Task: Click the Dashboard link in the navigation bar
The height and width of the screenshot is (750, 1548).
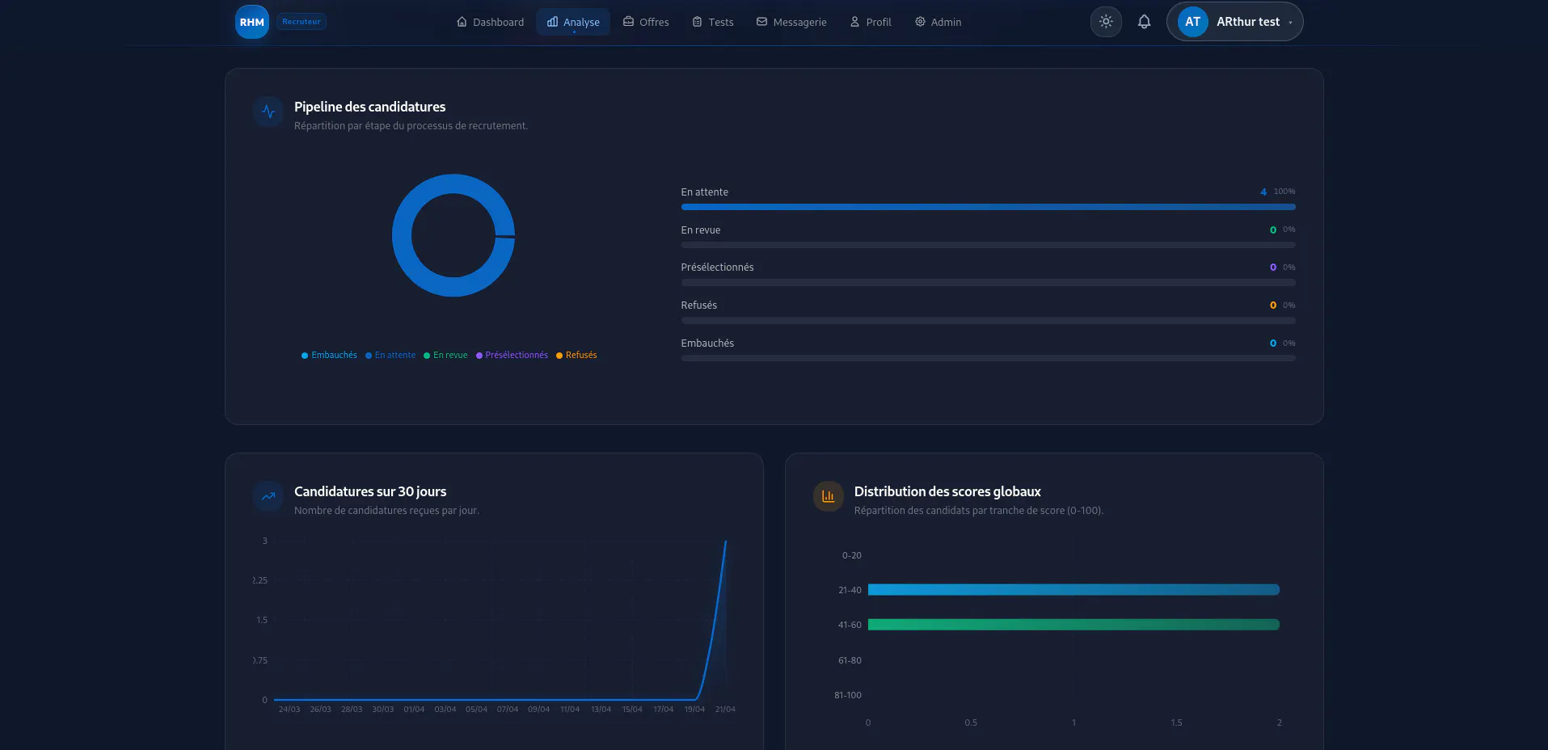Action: [x=490, y=22]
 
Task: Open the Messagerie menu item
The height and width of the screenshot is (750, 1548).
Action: [x=791, y=22]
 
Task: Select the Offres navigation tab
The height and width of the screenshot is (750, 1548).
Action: [x=646, y=22]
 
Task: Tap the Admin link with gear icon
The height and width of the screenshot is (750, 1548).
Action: [x=938, y=22]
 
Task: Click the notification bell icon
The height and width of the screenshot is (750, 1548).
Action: [x=1144, y=22]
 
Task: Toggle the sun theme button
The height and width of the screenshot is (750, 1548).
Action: [x=1106, y=22]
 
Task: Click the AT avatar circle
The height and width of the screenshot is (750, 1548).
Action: [x=1192, y=22]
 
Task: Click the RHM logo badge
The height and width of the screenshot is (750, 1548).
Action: [x=252, y=22]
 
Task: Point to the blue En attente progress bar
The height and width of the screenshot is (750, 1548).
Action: [x=988, y=207]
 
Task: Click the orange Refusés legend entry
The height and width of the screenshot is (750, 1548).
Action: [x=576, y=356]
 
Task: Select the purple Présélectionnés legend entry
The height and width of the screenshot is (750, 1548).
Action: [x=512, y=356]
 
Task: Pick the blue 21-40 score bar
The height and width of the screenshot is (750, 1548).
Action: [x=1073, y=590]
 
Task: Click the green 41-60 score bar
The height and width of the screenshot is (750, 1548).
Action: [x=1073, y=625]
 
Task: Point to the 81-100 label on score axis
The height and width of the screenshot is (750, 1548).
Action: [x=848, y=695]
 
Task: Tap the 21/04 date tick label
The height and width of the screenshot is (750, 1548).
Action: [x=725, y=710]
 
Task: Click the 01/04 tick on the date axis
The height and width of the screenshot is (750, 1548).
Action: [x=414, y=710]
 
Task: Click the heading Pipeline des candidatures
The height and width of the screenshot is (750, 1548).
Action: [x=369, y=107]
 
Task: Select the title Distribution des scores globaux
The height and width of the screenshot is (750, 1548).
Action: [x=947, y=491]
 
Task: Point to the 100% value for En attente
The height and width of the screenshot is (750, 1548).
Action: [x=1284, y=192]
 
